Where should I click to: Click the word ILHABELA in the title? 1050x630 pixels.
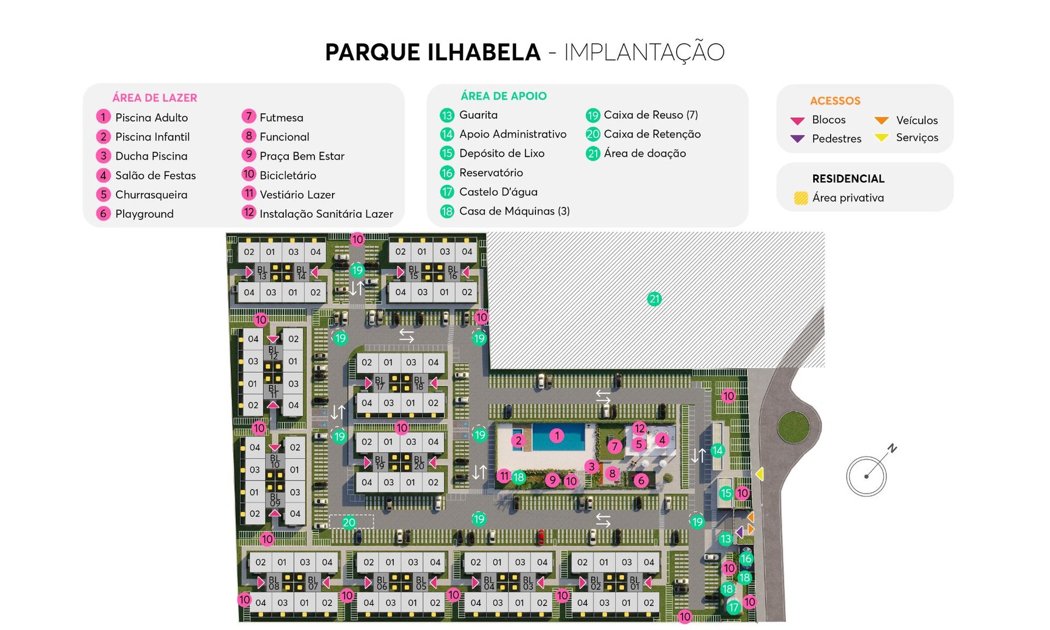coord(484,52)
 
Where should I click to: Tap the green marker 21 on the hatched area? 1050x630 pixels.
coord(654,299)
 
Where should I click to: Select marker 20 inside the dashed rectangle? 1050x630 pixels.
coord(349,523)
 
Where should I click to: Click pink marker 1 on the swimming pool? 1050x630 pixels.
coord(557,436)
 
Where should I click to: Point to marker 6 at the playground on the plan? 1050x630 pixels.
coord(641,481)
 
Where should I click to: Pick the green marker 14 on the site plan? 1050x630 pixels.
coord(717,450)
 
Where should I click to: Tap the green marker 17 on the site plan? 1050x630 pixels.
coord(733,607)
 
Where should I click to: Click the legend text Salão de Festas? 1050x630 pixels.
coord(155,176)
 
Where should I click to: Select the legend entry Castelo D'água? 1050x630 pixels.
coord(498,192)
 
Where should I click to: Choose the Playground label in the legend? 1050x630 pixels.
coord(144,214)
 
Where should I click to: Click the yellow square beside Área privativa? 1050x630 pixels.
coord(801,198)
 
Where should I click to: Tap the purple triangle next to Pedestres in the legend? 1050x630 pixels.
coord(797,139)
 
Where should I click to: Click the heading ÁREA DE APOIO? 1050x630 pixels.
coord(503,96)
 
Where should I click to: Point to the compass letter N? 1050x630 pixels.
coord(892,449)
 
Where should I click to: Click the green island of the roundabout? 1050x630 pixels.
coord(793,427)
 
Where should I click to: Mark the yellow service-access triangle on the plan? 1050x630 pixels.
coord(759,474)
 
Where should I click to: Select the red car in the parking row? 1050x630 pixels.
coord(541,537)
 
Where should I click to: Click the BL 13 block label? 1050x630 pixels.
coord(262,272)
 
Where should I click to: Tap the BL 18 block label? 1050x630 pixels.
coord(419,383)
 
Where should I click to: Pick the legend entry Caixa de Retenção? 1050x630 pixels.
coord(652,134)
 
